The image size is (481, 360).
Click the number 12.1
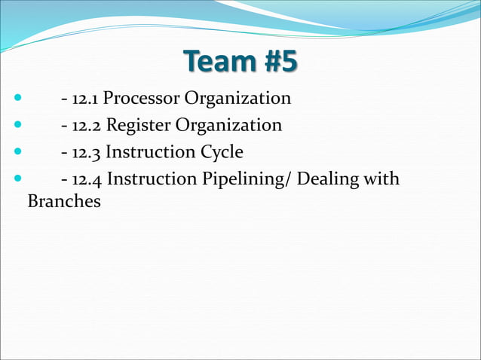tap(86, 98)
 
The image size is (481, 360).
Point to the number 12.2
tap(87, 125)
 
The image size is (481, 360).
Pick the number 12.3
tap(87, 152)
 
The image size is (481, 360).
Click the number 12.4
tap(87, 180)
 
